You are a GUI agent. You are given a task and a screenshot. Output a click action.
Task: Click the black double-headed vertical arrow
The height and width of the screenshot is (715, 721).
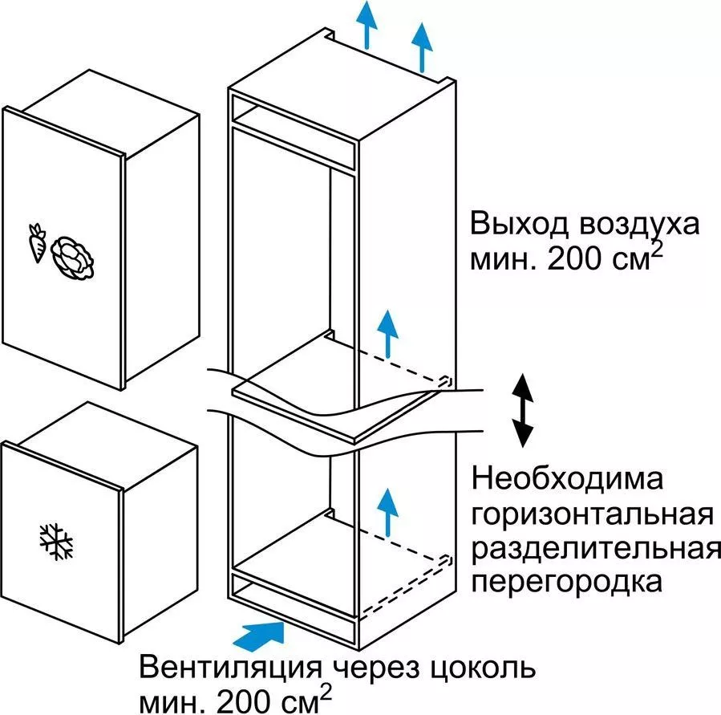point(522,409)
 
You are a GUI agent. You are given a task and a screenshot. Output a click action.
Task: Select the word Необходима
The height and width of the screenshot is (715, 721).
point(568,481)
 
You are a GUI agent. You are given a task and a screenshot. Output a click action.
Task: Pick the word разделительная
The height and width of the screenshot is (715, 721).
point(595,550)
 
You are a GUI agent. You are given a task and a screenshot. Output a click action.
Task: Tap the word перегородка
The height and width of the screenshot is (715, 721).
point(567,583)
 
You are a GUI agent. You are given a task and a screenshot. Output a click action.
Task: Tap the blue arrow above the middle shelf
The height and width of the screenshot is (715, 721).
point(387,332)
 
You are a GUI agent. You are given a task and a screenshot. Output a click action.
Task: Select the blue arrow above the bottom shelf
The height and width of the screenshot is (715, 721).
point(387,510)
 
